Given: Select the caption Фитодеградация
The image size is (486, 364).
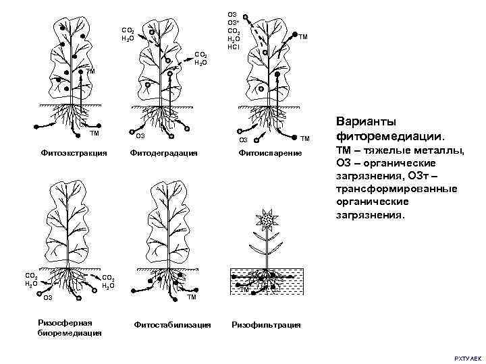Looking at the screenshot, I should pyautogui.click(x=165, y=154).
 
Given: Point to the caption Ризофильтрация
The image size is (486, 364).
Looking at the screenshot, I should pyautogui.click(x=266, y=325).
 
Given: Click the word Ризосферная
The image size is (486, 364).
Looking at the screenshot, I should pyautogui.click(x=65, y=321).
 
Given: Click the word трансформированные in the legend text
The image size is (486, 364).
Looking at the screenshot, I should pyautogui.click(x=396, y=189).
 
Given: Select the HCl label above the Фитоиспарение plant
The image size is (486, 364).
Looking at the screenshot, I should pyautogui.click(x=233, y=47).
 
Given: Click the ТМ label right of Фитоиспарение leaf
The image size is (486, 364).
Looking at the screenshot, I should pyautogui.click(x=304, y=36).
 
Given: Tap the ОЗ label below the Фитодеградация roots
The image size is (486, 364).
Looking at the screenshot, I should pyautogui.click(x=140, y=137).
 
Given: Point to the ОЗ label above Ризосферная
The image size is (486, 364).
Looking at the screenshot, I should pyautogui.click(x=48, y=297).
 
